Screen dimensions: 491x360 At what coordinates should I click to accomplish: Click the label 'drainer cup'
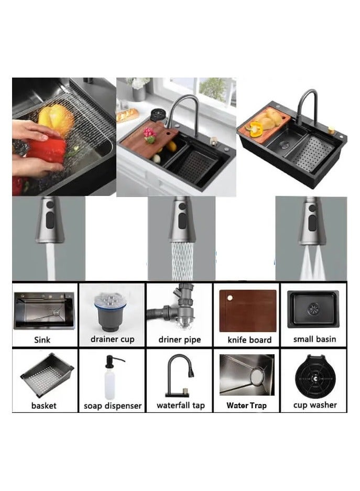pyautogui.click(x=112, y=339)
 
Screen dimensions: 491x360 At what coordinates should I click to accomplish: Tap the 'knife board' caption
pyautogui.click(x=249, y=340)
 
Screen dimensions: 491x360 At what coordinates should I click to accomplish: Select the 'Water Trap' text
pyautogui.click(x=246, y=405)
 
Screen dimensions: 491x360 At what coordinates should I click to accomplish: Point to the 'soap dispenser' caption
pyautogui.click(x=112, y=406)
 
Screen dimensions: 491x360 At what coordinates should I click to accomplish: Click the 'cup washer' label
pyautogui.click(x=315, y=405)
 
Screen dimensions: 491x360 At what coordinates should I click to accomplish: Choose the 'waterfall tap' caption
pyautogui.click(x=180, y=405)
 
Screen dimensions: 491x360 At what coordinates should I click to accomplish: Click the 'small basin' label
pyautogui.click(x=314, y=339)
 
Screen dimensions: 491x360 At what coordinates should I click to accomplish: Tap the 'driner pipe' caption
pyautogui.click(x=179, y=340)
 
